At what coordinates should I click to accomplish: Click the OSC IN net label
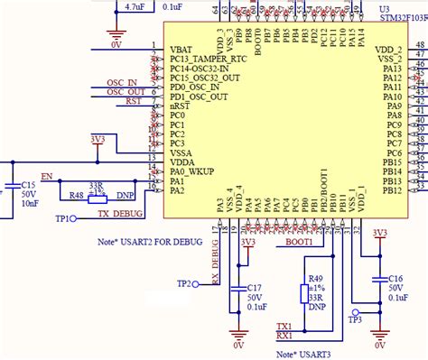[126, 81]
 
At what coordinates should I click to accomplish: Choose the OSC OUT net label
[126, 92]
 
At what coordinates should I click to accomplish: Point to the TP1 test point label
[65, 218]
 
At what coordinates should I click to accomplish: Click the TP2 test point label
[184, 284]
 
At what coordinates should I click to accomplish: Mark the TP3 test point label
[355, 320]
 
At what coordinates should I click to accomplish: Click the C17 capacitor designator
[255, 288]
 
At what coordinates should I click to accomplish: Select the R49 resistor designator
[316, 279]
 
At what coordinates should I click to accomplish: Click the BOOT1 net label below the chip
[299, 242]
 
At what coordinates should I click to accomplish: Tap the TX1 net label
[284, 326]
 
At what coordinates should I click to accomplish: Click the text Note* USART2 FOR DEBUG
[148, 242]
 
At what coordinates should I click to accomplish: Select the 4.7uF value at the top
[134, 6]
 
